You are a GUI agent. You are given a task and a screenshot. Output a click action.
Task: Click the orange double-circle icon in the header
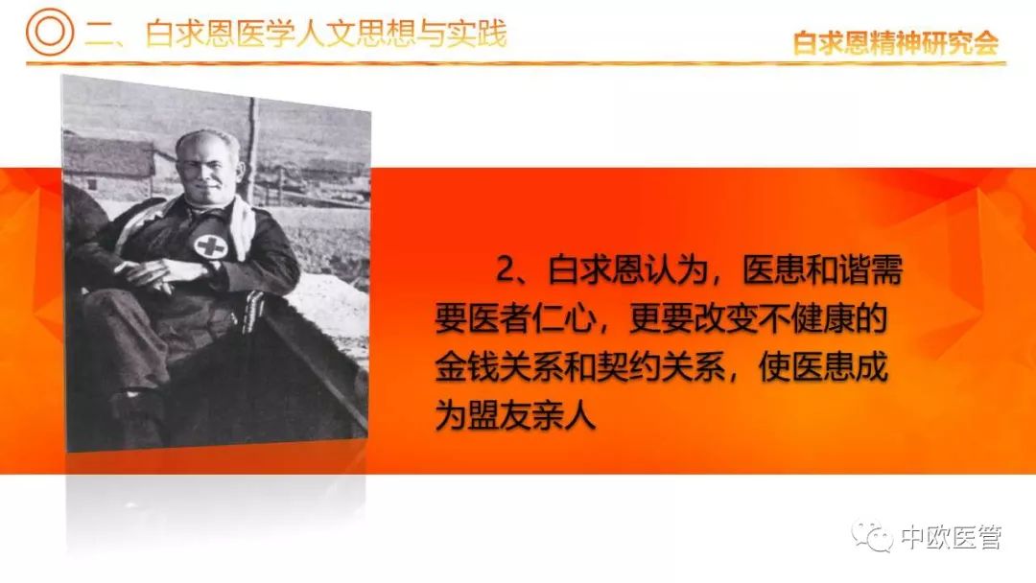tap(50, 31)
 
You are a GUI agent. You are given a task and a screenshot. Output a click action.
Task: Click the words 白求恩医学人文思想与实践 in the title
tap(326, 34)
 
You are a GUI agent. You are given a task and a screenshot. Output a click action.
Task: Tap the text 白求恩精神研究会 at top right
tap(896, 43)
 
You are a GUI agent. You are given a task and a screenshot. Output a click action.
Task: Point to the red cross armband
tap(211, 246)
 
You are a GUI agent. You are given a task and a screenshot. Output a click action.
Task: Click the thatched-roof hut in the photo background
tap(109, 165)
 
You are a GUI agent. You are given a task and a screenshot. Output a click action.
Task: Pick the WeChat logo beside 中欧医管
tap(872, 536)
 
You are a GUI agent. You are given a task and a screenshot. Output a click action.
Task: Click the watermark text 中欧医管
tap(952, 537)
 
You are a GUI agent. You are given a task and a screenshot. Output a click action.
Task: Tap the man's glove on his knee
tap(253, 311)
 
